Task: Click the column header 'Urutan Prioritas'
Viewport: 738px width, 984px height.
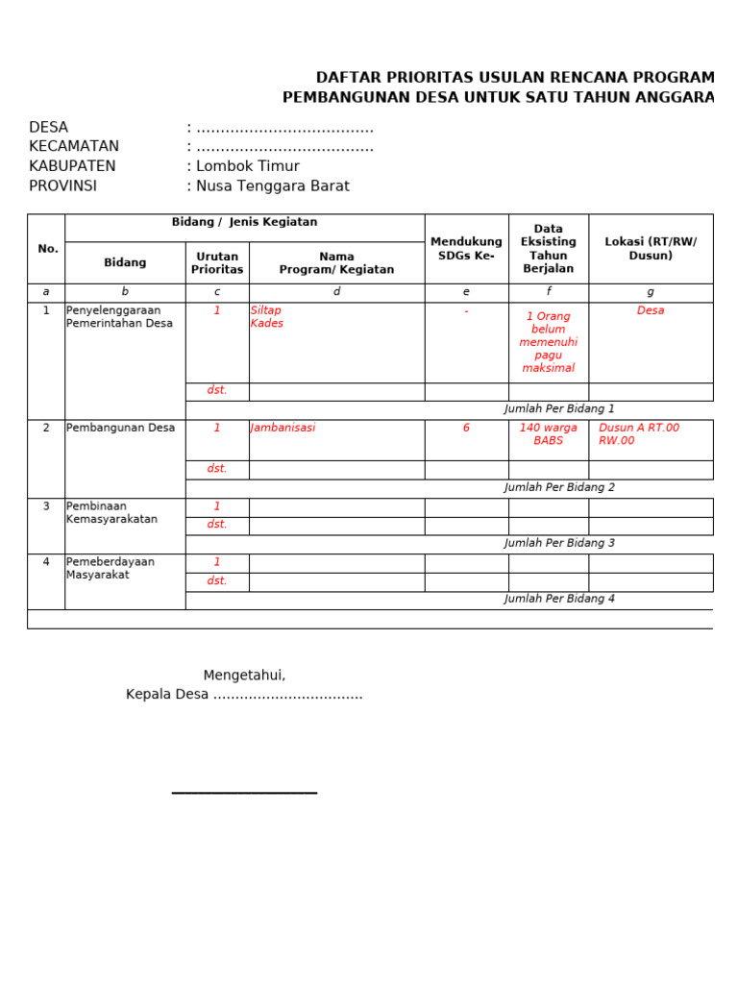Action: click(217, 263)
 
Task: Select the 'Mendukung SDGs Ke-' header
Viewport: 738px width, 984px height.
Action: click(466, 249)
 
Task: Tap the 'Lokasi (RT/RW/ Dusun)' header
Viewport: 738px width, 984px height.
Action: click(651, 249)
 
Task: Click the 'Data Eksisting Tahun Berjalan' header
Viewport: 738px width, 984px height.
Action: click(548, 249)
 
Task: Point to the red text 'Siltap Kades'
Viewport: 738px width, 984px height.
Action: click(266, 317)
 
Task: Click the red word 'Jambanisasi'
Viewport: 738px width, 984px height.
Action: click(283, 429)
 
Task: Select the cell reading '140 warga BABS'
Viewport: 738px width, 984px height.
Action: click(548, 434)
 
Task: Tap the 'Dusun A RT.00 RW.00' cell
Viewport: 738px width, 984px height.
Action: click(639, 434)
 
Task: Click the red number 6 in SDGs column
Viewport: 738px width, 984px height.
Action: click(466, 429)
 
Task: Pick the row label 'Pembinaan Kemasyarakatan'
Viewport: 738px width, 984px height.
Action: click(111, 513)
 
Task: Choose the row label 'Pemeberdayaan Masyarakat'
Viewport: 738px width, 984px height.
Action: click(110, 569)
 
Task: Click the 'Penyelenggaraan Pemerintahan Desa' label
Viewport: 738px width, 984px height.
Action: click(119, 317)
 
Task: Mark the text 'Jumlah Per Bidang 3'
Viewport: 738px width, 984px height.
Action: click(559, 544)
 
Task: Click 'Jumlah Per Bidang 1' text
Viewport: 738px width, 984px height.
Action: click(559, 409)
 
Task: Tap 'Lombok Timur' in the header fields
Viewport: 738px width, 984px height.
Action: click(247, 166)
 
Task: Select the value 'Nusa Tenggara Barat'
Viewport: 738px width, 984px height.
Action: click(272, 186)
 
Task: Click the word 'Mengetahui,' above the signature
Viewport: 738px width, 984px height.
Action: click(244, 676)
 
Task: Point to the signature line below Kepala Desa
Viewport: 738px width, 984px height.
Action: click(244, 793)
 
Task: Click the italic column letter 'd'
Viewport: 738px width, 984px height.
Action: click(336, 292)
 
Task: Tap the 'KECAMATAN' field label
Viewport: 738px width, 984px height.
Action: click(74, 147)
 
